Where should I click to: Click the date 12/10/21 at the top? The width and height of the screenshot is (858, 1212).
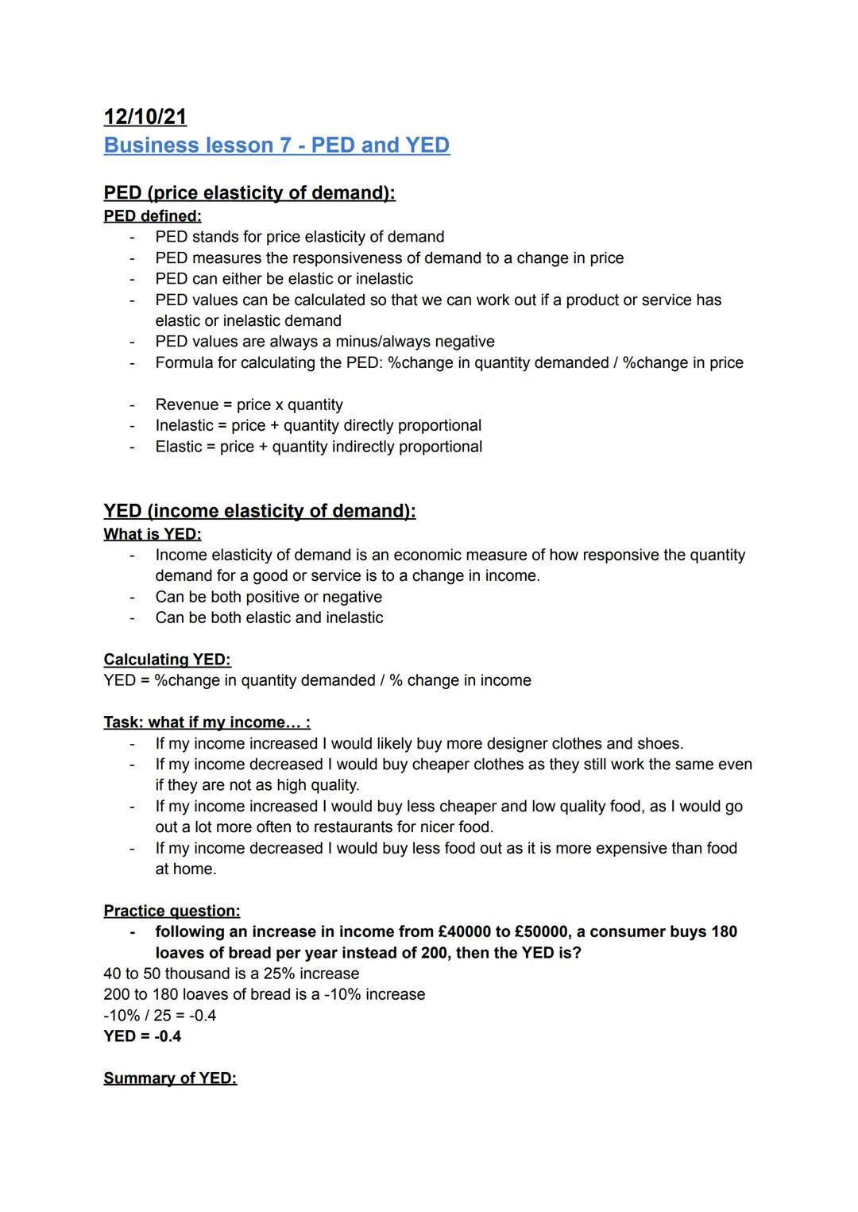[145, 117]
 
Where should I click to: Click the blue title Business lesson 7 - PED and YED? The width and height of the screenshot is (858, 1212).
[276, 145]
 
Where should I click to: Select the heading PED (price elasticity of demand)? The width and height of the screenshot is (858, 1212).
[249, 193]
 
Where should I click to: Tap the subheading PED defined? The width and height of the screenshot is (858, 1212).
[153, 216]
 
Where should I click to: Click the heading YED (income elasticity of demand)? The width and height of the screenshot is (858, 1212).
[260, 511]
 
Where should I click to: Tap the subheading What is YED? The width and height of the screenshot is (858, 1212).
[153, 534]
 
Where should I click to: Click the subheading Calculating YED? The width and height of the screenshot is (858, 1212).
[167, 660]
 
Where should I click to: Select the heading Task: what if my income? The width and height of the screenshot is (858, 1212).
[207, 722]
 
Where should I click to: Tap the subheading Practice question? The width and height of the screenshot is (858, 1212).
[172, 911]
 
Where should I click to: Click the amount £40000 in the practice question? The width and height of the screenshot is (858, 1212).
[467, 931]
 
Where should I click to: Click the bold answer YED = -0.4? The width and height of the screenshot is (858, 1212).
[142, 1036]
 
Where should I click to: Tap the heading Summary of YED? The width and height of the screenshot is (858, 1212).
[170, 1078]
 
